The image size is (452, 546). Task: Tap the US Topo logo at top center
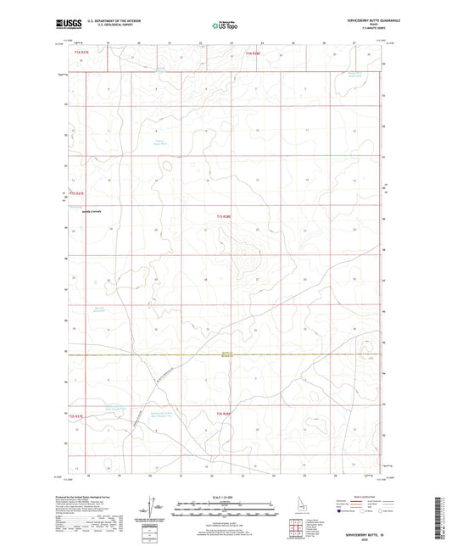pos(223,25)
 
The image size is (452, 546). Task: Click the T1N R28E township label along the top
pos(253,53)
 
